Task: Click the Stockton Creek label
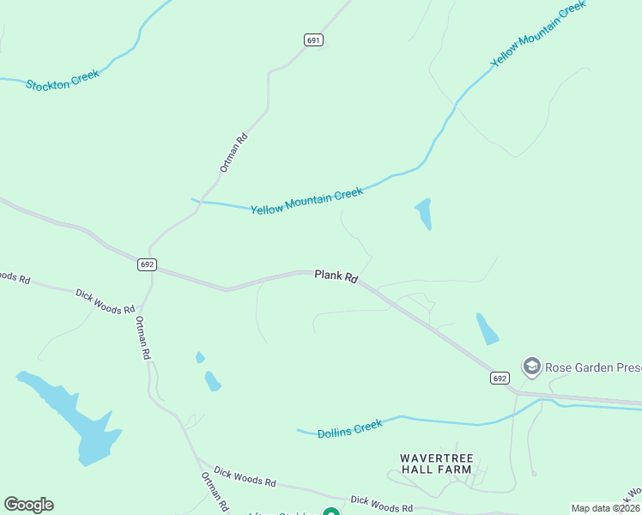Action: point(63,79)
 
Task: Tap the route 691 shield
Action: point(312,40)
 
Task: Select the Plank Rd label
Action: point(336,276)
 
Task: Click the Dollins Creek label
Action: point(349,428)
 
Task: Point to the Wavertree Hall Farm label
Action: point(436,463)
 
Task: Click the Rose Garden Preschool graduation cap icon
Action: point(531,367)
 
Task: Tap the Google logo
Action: point(28,505)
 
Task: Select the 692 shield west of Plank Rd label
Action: point(146,264)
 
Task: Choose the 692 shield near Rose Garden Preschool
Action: point(500,378)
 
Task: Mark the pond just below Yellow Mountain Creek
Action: point(423,214)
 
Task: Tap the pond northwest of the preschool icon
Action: point(487,329)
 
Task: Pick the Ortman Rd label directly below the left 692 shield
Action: point(143,336)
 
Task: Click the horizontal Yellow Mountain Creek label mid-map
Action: point(306,202)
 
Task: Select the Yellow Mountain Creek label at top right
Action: point(537,33)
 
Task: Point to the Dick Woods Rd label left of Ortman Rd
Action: point(105,300)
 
